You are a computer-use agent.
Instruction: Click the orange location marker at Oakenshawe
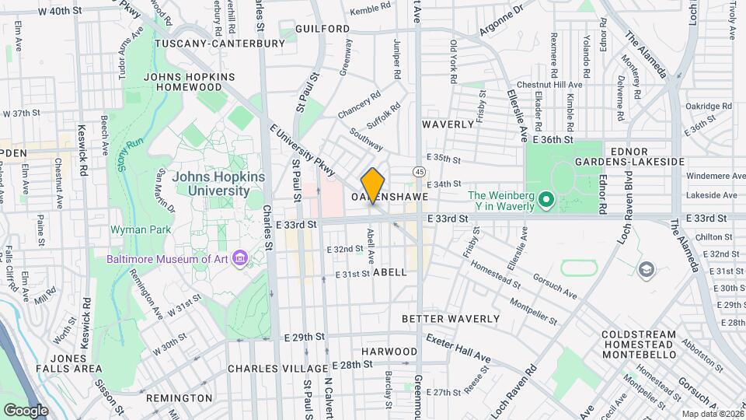pos(373,185)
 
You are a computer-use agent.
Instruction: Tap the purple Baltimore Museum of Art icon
pos(240,257)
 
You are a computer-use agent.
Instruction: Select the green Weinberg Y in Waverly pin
pos(546,201)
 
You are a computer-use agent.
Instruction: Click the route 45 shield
pos(419,171)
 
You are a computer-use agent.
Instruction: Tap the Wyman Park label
pos(134,230)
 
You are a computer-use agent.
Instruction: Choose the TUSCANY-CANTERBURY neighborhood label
pos(220,44)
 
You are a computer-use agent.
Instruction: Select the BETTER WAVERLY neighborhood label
pos(451,319)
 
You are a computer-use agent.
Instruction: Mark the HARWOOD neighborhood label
pos(389,352)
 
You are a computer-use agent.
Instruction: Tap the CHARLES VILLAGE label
pos(277,368)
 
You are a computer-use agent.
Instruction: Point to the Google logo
pos(26,410)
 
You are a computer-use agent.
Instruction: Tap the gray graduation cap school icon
pos(646,269)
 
